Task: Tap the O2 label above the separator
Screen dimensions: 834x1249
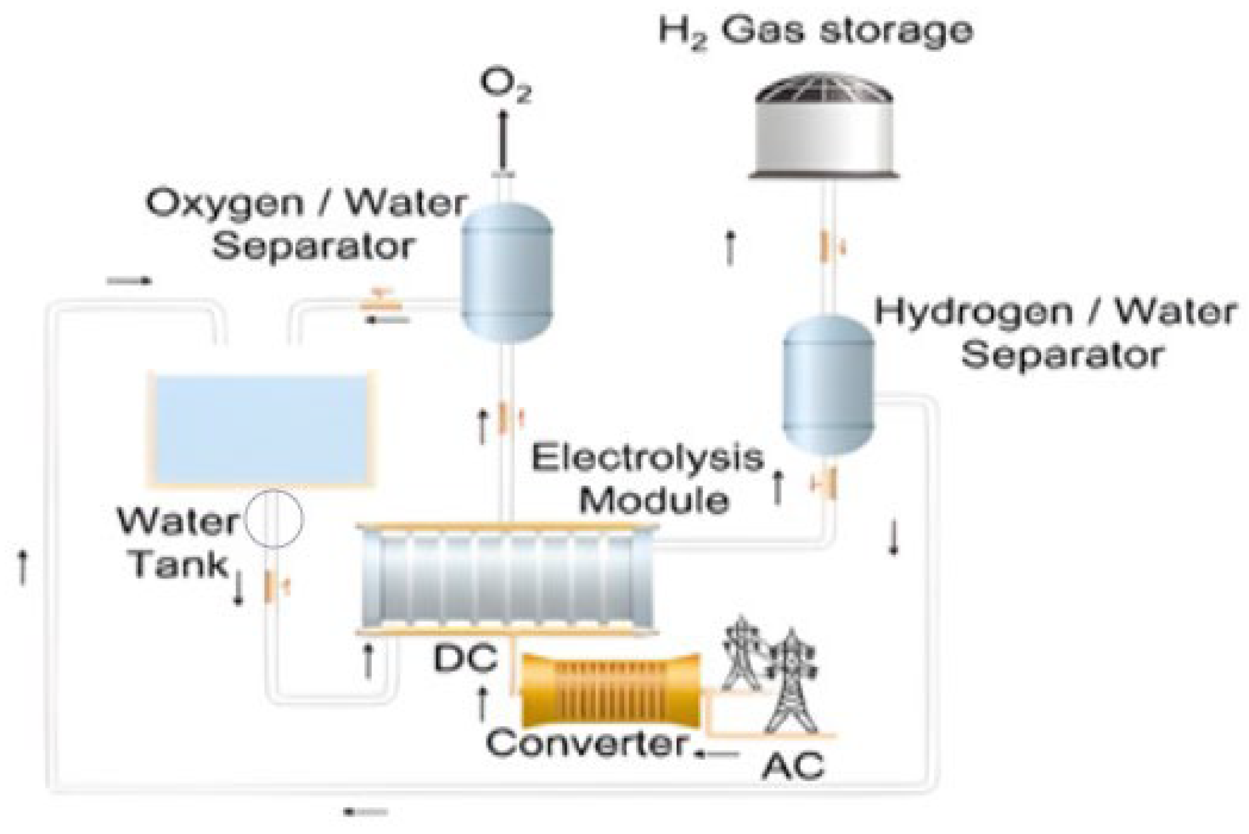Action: tap(507, 87)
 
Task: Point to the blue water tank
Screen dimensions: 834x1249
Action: tap(260, 427)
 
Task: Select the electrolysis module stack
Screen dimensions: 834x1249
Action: tap(506, 580)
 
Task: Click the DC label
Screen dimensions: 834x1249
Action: tap(466, 659)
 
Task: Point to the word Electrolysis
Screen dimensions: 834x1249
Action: tap(647, 460)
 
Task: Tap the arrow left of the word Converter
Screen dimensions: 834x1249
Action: tap(717, 753)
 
